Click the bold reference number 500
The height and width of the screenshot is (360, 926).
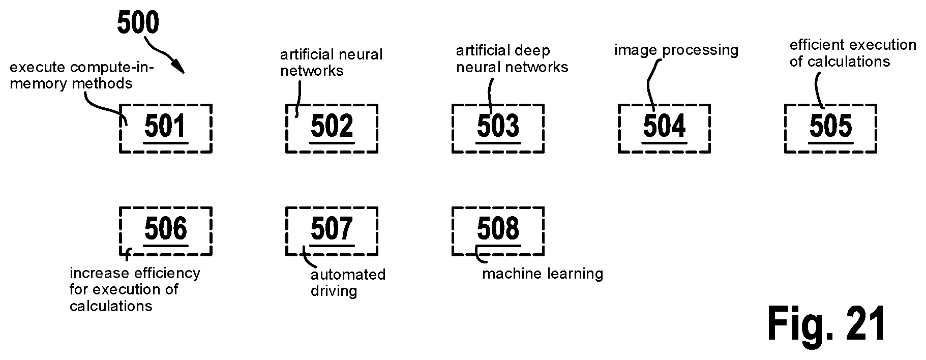click(138, 23)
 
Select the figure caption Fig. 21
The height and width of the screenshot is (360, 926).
click(827, 324)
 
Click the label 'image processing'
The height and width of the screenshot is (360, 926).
click(676, 50)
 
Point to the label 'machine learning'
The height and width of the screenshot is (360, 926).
click(543, 274)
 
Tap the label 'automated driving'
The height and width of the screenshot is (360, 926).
click(348, 283)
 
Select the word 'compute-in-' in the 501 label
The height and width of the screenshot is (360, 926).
click(112, 67)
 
